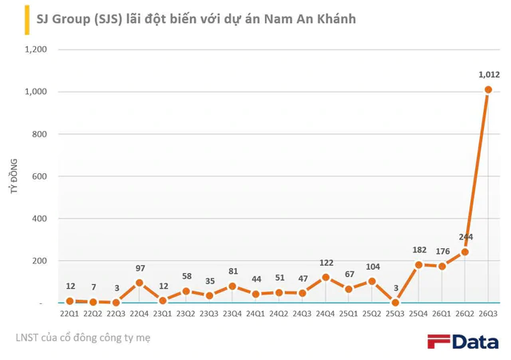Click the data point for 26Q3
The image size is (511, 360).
click(488, 89)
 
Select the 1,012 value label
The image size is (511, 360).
click(489, 74)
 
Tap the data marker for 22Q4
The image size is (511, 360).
click(139, 283)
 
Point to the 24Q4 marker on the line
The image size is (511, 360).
click(325, 278)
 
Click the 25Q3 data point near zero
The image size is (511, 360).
click(395, 303)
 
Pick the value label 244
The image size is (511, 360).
click(465, 237)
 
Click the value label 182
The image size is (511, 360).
click(419, 250)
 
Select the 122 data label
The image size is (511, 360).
click(327, 263)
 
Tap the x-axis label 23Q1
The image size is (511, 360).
click(162, 314)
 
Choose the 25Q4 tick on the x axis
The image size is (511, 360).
click(418, 314)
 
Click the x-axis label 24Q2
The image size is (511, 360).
click(279, 314)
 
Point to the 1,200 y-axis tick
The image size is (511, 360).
click(36, 49)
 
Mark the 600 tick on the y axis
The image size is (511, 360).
click(39, 176)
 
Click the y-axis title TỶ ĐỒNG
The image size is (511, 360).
click(14, 176)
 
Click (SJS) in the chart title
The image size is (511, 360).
click(109, 19)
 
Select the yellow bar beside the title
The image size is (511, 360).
click(27, 20)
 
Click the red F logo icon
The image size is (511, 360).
click(438, 342)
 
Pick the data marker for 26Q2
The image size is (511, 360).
click(465, 251)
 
